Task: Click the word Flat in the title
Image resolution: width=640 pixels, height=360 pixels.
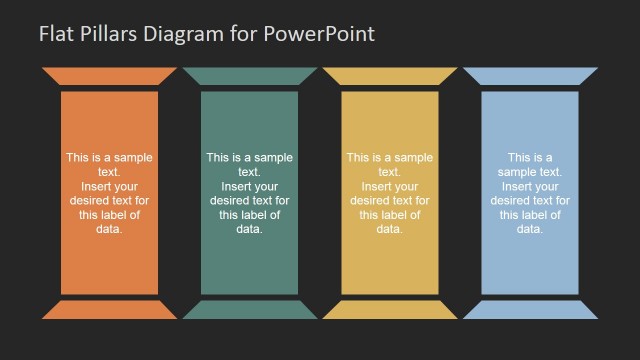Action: pyautogui.click(x=55, y=33)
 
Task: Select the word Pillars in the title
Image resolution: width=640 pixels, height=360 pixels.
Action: pyautogui.click(x=105, y=33)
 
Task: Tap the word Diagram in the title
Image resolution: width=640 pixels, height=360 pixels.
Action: pyautogui.click(x=177, y=33)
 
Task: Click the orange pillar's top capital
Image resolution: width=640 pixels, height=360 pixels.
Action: pyautogui.click(x=109, y=76)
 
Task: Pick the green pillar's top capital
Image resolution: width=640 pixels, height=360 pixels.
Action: pyautogui.click(x=249, y=76)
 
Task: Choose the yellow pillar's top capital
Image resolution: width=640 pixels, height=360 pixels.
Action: pyautogui.click(x=389, y=76)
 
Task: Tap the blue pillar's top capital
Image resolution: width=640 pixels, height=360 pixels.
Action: pyautogui.click(x=529, y=76)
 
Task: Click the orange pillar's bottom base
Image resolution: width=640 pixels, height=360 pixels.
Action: pyautogui.click(x=109, y=310)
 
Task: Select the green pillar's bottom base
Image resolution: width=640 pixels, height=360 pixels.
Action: pyautogui.click(x=249, y=310)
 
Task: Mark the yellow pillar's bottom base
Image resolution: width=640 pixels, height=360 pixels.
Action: pyautogui.click(x=389, y=310)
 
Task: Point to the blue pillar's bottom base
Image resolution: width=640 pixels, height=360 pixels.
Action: pyautogui.click(x=529, y=310)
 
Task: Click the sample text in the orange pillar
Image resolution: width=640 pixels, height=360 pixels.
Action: pyautogui.click(x=109, y=193)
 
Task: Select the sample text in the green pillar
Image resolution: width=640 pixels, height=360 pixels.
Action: pyautogui.click(x=249, y=193)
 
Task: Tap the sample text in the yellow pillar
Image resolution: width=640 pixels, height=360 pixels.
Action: pyautogui.click(x=389, y=193)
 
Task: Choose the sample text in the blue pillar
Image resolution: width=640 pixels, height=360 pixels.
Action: pyautogui.click(x=529, y=193)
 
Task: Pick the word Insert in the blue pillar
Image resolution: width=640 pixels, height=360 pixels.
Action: pyautogui.click(x=517, y=186)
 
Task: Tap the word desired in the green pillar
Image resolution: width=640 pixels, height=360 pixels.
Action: pyautogui.click(x=231, y=200)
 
